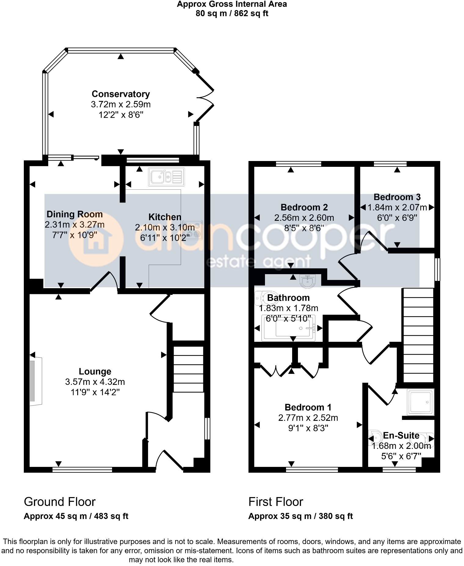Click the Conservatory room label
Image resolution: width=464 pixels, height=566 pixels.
click(x=121, y=94)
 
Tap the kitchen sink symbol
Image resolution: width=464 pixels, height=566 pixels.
click(x=166, y=177)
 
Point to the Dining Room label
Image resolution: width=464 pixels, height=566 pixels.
click(x=74, y=214)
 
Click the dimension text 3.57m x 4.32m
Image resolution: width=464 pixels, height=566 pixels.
click(x=95, y=382)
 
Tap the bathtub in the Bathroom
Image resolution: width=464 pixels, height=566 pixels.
click(x=289, y=328)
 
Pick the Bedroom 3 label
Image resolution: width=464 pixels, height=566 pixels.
click(x=397, y=197)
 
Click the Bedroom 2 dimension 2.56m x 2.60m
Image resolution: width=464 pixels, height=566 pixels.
click(x=304, y=218)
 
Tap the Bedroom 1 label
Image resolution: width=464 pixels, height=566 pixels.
click(x=308, y=407)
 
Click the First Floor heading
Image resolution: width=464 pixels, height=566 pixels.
click(x=276, y=502)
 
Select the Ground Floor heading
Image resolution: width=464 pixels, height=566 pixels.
click(x=60, y=502)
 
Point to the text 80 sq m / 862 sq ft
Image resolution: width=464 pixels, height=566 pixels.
click(x=232, y=13)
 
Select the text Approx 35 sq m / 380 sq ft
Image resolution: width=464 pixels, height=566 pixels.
click(x=300, y=516)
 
